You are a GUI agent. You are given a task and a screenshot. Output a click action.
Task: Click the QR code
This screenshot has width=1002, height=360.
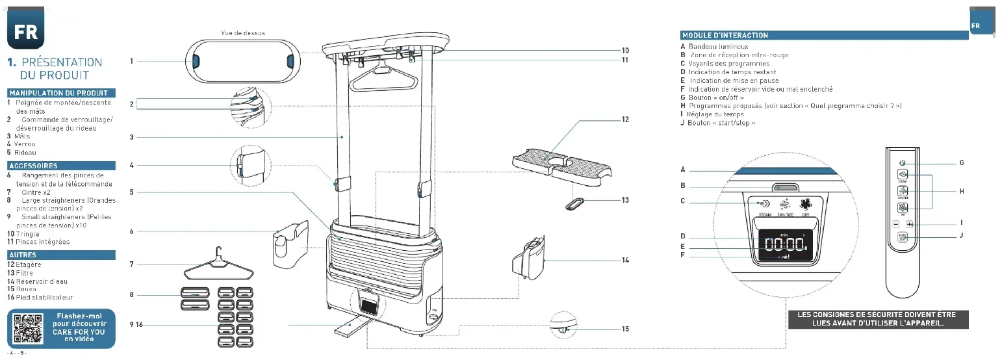click(28, 329)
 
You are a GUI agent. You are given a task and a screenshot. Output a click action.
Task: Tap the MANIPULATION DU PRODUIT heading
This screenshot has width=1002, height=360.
click(58, 94)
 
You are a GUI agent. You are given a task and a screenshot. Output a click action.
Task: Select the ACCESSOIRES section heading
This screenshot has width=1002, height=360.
click(33, 166)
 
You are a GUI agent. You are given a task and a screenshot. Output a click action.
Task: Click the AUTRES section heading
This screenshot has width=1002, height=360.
click(23, 255)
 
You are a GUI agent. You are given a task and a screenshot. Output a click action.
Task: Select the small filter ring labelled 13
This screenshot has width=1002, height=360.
click(576, 203)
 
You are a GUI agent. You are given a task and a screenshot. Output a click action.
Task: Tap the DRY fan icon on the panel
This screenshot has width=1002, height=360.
click(806, 203)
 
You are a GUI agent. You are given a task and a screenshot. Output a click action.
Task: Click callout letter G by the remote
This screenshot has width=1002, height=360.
click(961, 162)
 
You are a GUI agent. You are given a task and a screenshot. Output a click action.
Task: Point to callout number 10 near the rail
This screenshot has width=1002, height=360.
click(624, 50)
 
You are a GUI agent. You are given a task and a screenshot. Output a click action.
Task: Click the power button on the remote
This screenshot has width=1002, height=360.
click(902, 162)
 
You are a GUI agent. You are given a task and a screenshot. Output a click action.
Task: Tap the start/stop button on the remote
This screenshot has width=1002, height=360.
click(902, 238)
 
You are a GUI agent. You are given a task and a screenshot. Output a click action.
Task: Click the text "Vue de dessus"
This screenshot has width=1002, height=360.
click(243, 32)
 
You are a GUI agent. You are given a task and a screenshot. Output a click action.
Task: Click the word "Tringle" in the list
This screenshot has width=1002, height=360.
click(27, 234)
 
